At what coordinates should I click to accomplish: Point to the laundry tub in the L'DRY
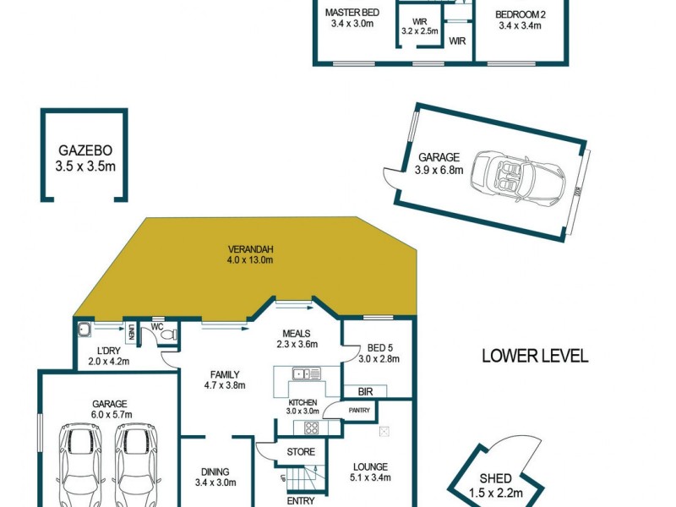tap(84, 330)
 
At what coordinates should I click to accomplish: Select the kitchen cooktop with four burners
tap(311, 427)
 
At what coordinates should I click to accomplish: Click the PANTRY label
tap(360, 410)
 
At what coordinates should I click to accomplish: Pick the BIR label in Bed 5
tap(365, 391)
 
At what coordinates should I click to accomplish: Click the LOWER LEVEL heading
tap(534, 356)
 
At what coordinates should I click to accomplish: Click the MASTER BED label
tap(352, 13)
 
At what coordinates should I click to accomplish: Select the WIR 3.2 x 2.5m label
tap(420, 26)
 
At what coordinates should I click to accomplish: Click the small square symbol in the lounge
tap(384, 431)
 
